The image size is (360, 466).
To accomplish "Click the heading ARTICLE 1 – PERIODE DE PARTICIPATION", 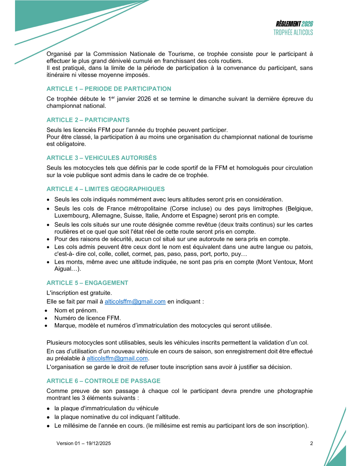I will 109,89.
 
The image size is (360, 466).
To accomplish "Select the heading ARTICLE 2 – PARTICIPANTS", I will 88,120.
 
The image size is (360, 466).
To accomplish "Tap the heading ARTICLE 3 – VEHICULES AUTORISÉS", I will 102,158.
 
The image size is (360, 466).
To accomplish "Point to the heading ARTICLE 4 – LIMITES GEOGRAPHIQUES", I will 106,189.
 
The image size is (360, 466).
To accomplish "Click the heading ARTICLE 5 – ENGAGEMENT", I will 87,283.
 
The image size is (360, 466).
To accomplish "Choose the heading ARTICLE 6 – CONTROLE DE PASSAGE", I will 104,381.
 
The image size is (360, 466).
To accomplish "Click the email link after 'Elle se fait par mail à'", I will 135,302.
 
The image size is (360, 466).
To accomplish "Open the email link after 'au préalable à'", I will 117,358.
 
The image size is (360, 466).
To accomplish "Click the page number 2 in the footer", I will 312,443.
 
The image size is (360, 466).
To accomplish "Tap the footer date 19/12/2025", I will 99,443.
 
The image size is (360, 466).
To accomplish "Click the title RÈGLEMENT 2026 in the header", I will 294,24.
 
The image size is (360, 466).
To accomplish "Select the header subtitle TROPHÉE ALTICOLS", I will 293,33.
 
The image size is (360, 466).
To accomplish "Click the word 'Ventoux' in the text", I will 280,262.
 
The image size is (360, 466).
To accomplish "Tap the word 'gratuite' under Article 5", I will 101,293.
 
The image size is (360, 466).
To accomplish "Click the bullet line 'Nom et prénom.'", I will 76,310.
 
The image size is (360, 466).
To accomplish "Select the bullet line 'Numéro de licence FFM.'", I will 87,318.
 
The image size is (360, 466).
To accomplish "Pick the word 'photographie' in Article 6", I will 295,391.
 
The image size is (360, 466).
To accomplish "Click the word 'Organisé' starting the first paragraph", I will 59,54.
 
